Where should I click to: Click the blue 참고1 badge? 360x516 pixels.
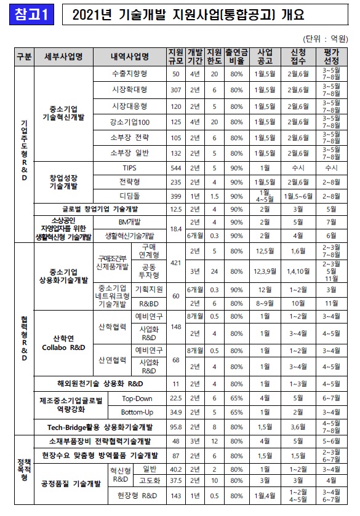30,15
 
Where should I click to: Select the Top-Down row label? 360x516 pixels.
137,398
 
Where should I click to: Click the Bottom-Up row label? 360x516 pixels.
137,411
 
